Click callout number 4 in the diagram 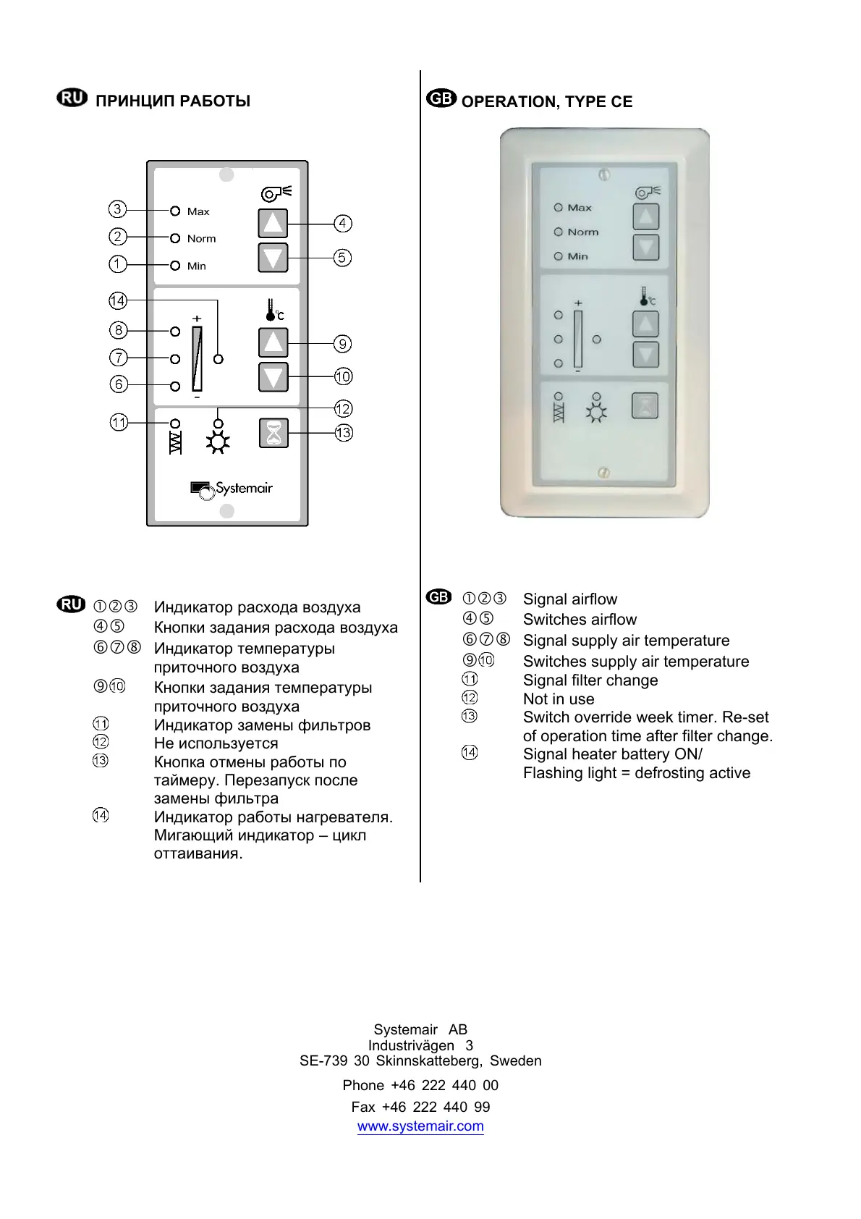tap(343, 224)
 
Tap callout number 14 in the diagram tap(118, 300)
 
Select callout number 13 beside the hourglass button tap(343, 433)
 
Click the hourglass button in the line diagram tap(273, 433)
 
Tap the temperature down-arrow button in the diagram tap(273, 377)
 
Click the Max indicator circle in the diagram tap(175, 211)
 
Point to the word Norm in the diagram tap(201, 239)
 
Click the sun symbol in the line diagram tap(218, 442)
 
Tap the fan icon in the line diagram tap(276, 193)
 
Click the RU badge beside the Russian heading tap(72, 98)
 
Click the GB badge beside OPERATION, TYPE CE tap(441, 99)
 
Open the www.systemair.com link tap(420, 1126)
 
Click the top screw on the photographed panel tap(604, 174)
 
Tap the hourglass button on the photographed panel tap(645, 406)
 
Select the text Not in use tap(559, 699)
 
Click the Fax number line tap(420, 1107)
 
